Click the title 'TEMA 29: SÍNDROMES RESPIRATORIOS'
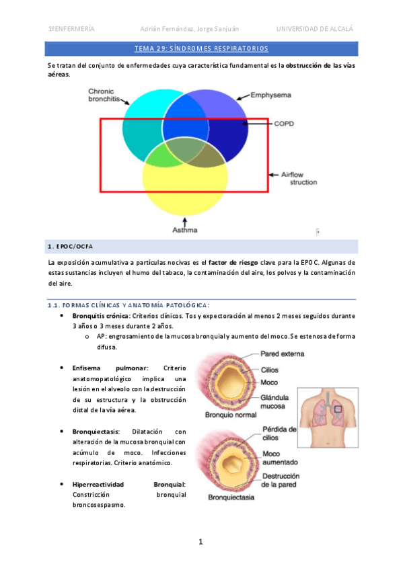tap(201, 48)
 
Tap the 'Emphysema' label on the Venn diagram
tap(270, 95)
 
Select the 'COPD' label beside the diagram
tap(283, 124)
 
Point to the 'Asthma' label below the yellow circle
tap(185, 231)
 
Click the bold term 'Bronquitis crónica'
tap(101, 315)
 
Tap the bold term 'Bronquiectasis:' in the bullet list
tap(96, 432)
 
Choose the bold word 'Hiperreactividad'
tap(102, 484)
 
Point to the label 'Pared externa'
tap(281, 354)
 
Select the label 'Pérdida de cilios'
tap(279, 434)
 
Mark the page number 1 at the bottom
tap(200, 542)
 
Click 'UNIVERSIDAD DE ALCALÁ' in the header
tap(314, 29)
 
